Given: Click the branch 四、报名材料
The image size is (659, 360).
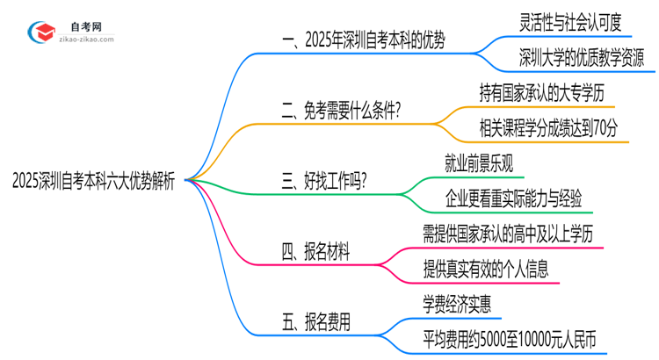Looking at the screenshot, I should click(x=315, y=253).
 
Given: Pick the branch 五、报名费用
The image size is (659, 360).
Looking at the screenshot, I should click(x=315, y=322).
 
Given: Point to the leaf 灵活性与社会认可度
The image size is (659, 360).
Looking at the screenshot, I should click(x=570, y=21).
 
